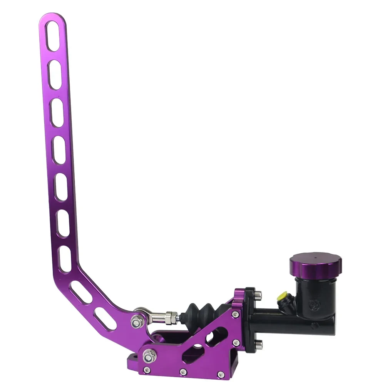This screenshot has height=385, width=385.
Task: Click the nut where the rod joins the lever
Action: (x=136, y=321)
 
